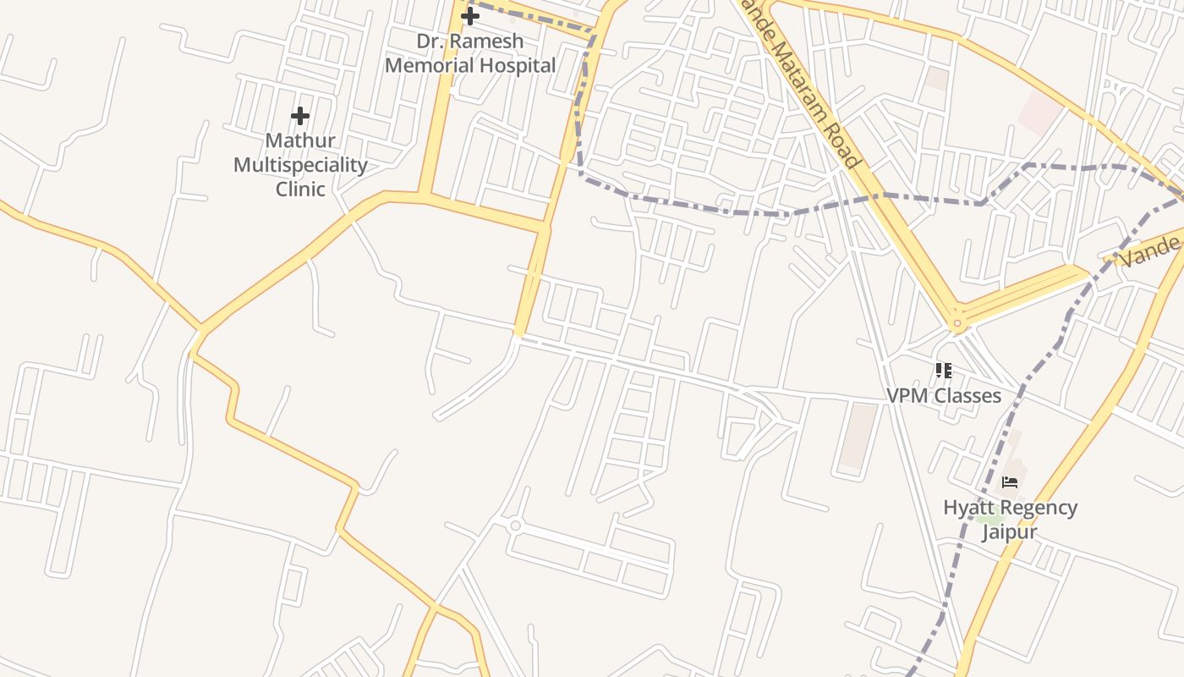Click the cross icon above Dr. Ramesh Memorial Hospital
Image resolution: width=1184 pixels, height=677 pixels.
click(x=469, y=16)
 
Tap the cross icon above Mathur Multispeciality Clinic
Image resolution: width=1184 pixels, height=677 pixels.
click(x=300, y=116)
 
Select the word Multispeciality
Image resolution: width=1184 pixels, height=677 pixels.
click(x=300, y=164)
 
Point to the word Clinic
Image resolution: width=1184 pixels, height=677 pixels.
click(x=300, y=189)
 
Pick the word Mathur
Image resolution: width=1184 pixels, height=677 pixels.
click(x=300, y=140)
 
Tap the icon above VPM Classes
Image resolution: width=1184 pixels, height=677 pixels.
click(x=944, y=371)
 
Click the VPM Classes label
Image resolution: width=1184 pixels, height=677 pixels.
click(x=944, y=395)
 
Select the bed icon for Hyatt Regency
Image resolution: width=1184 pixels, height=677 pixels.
click(x=1010, y=482)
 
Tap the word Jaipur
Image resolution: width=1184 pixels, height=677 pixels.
click(x=1010, y=532)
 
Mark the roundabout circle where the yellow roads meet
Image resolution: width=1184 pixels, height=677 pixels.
click(x=957, y=322)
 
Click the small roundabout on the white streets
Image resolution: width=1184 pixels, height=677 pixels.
click(x=515, y=526)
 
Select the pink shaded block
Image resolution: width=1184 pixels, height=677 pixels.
click(x=1039, y=113)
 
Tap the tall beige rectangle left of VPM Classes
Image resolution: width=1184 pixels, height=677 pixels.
click(x=858, y=436)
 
